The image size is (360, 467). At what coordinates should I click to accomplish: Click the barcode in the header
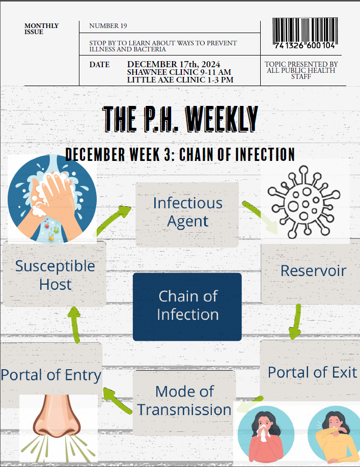304,34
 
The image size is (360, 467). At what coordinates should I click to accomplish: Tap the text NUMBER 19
108,26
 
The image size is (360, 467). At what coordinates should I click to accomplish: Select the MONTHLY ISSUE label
41,29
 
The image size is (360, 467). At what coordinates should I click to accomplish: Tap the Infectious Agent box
187,213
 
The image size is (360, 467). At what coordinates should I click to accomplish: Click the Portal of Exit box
312,372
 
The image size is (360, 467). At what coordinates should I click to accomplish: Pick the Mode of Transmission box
184,401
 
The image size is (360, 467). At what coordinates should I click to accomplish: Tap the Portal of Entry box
51,375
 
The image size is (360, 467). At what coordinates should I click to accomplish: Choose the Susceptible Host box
54,275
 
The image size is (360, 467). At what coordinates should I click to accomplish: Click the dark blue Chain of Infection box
187,306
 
